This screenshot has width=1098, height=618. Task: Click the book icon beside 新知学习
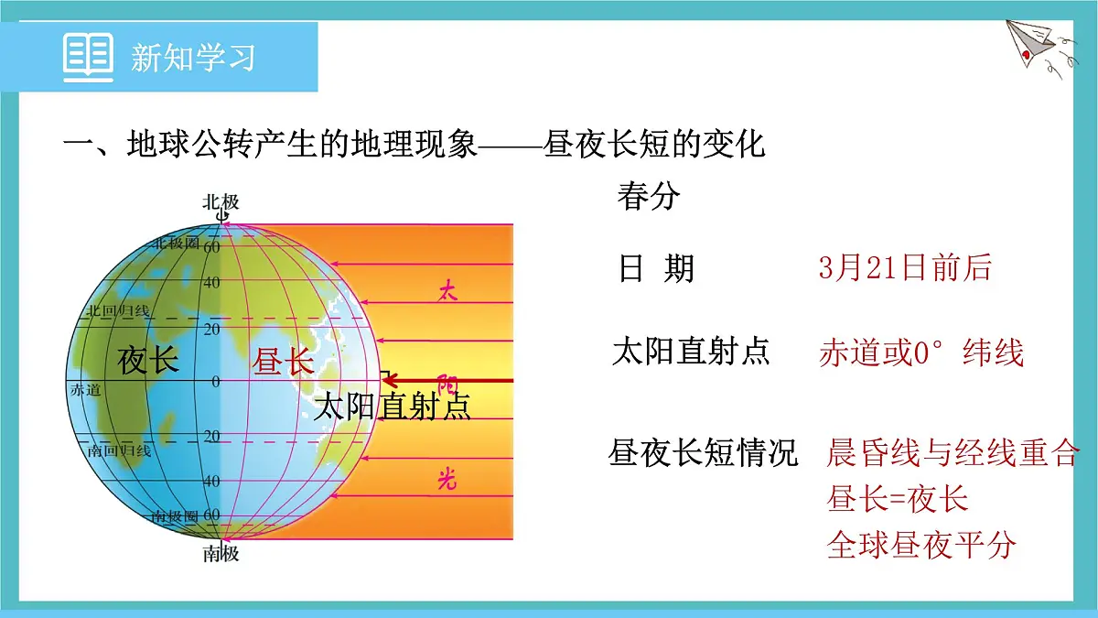(x=88, y=56)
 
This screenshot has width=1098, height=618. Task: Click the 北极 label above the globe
(x=221, y=201)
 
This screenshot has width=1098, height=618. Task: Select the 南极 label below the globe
(x=221, y=553)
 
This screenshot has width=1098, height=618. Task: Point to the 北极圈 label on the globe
(x=176, y=243)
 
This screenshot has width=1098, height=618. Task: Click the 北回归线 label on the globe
(x=118, y=311)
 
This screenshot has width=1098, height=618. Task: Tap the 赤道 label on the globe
(x=85, y=389)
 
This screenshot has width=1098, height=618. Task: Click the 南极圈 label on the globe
(x=176, y=517)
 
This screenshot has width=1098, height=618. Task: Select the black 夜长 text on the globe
(x=147, y=361)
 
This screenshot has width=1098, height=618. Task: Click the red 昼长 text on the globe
(x=283, y=363)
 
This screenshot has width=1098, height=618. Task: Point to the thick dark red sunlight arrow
(x=448, y=380)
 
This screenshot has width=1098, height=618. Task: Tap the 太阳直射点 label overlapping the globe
(x=392, y=407)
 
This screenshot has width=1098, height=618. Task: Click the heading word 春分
(x=648, y=196)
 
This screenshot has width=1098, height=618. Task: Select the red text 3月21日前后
(x=905, y=267)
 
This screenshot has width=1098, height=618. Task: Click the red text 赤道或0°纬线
(x=920, y=352)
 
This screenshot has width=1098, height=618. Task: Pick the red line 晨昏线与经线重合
(x=952, y=452)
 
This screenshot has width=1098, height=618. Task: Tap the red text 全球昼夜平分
(x=921, y=545)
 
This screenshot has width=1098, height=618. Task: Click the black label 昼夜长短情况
(x=703, y=452)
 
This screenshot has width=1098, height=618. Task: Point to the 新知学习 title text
(x=193, y=57)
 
